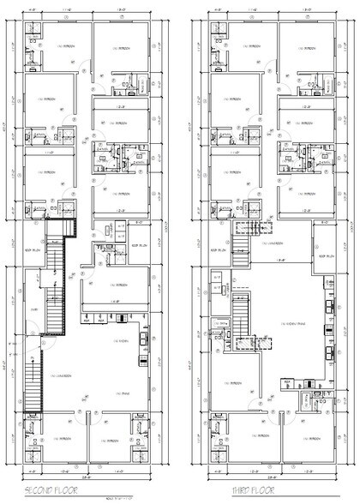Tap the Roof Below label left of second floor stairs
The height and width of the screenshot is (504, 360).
[33, 250]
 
